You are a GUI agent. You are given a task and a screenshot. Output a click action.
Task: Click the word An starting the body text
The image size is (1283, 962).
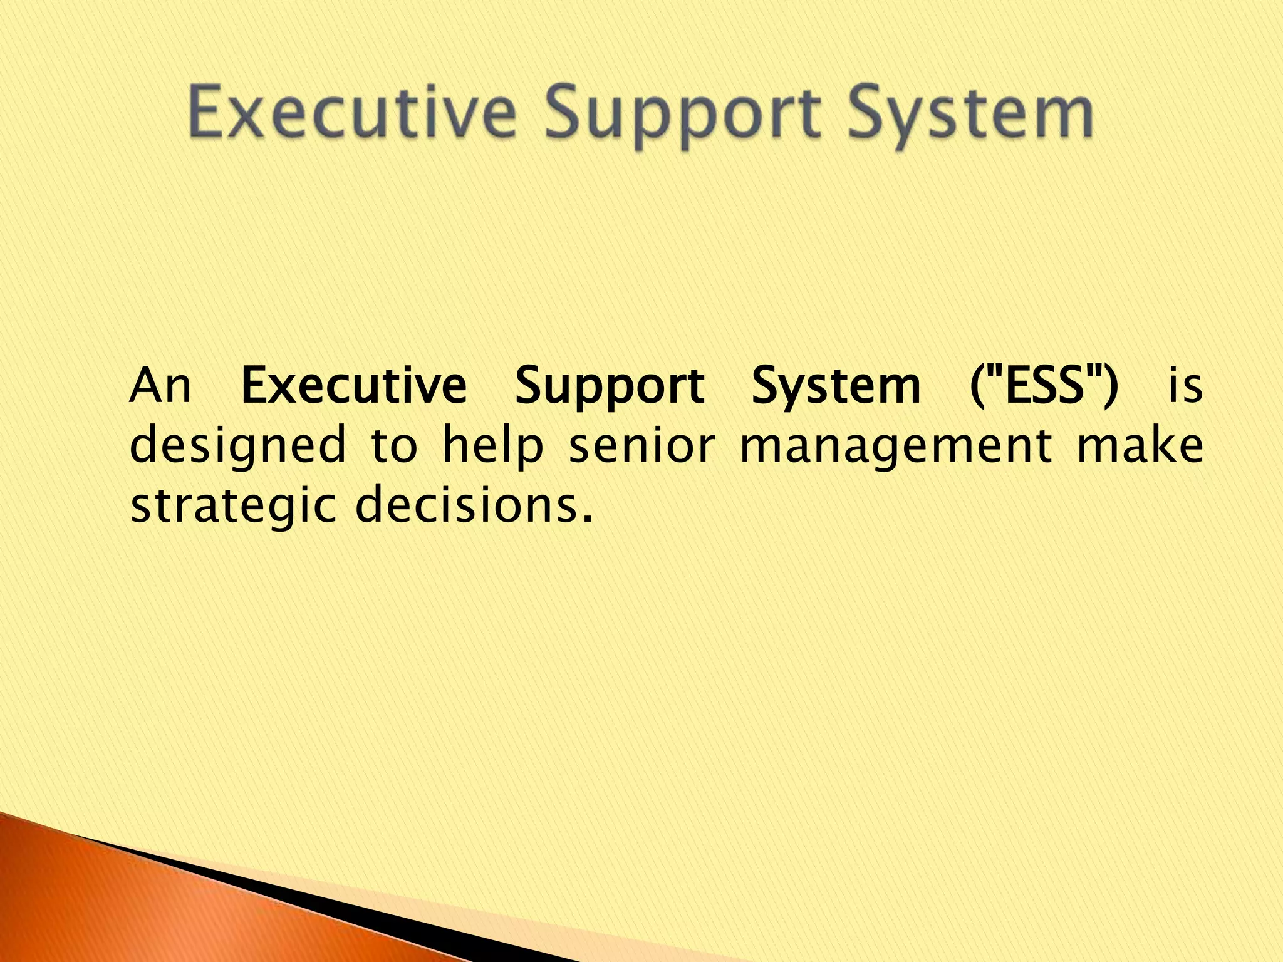click(x=160, y=386)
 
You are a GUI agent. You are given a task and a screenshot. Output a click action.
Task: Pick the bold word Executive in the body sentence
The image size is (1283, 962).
click(x=354, y=386)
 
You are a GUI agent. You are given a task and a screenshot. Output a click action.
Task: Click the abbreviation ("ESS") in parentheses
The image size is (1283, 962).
click(x=1043, y=386)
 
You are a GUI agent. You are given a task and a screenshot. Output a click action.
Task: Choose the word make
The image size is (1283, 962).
click(x=1140, y=445)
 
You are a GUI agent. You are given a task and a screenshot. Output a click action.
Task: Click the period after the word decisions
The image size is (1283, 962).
click(x=587, y=519)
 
